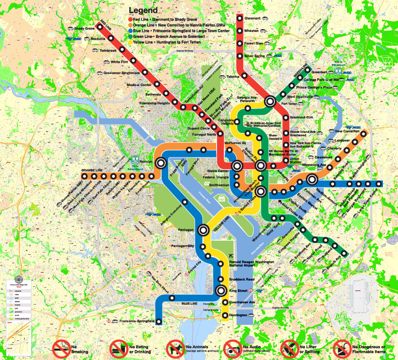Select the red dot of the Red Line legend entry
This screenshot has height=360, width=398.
coord(130,19)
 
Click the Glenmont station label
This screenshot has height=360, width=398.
coord(252,18)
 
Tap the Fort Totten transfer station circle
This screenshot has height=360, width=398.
coord(270,101)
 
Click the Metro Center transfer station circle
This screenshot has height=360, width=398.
coord(237,165)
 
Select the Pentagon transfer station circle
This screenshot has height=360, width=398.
coord(203,230)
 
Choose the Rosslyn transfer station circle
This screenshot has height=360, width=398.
coord(161,163)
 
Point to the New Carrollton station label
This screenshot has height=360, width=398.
coord(347,132)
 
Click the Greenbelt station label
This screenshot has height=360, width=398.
coord(319,72)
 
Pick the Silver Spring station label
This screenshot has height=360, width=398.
coord(255,55)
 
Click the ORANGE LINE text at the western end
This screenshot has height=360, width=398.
coord(92,171)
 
